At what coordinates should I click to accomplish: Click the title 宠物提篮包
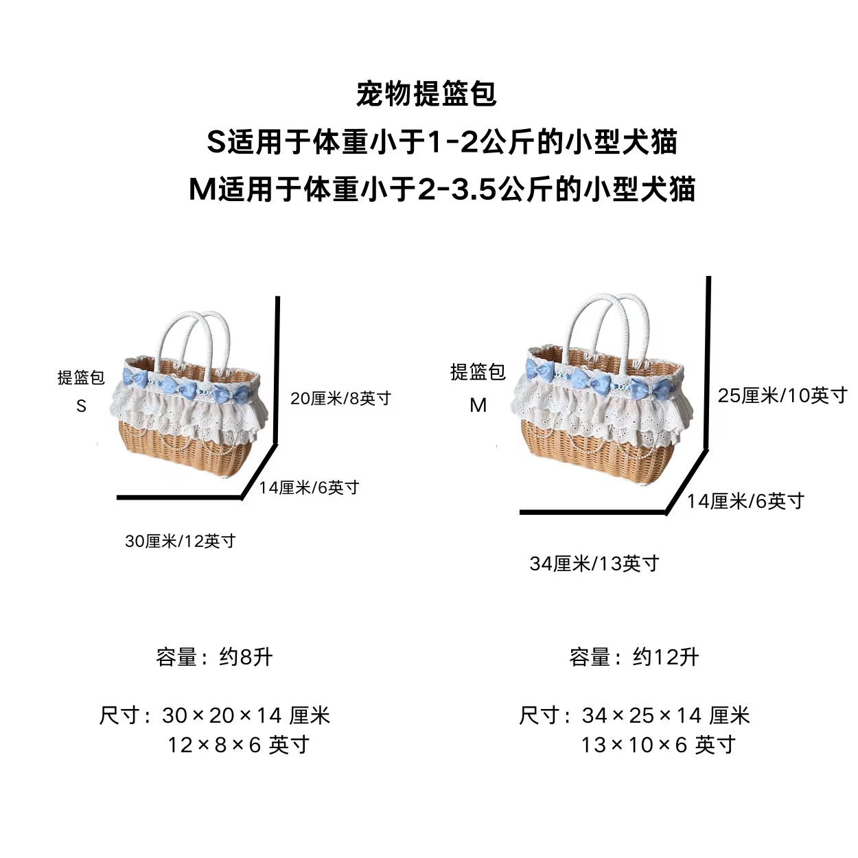426,94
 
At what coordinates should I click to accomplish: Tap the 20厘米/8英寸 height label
340,398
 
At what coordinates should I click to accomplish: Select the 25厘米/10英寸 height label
782,395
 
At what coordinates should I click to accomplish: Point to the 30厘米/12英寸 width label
180,541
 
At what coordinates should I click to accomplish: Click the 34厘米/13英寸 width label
594,564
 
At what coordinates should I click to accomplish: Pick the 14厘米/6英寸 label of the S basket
310,487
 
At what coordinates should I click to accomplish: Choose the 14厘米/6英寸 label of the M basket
746,501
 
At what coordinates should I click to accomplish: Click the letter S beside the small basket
81,406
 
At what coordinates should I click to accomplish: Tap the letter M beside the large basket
478,406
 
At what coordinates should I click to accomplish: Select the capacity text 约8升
245,657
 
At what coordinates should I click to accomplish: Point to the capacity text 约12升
666,657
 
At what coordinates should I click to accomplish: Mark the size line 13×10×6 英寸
658,745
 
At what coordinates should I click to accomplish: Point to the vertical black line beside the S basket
277,370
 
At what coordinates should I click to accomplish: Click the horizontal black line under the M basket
593,513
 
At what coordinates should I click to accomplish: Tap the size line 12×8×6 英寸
238,745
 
